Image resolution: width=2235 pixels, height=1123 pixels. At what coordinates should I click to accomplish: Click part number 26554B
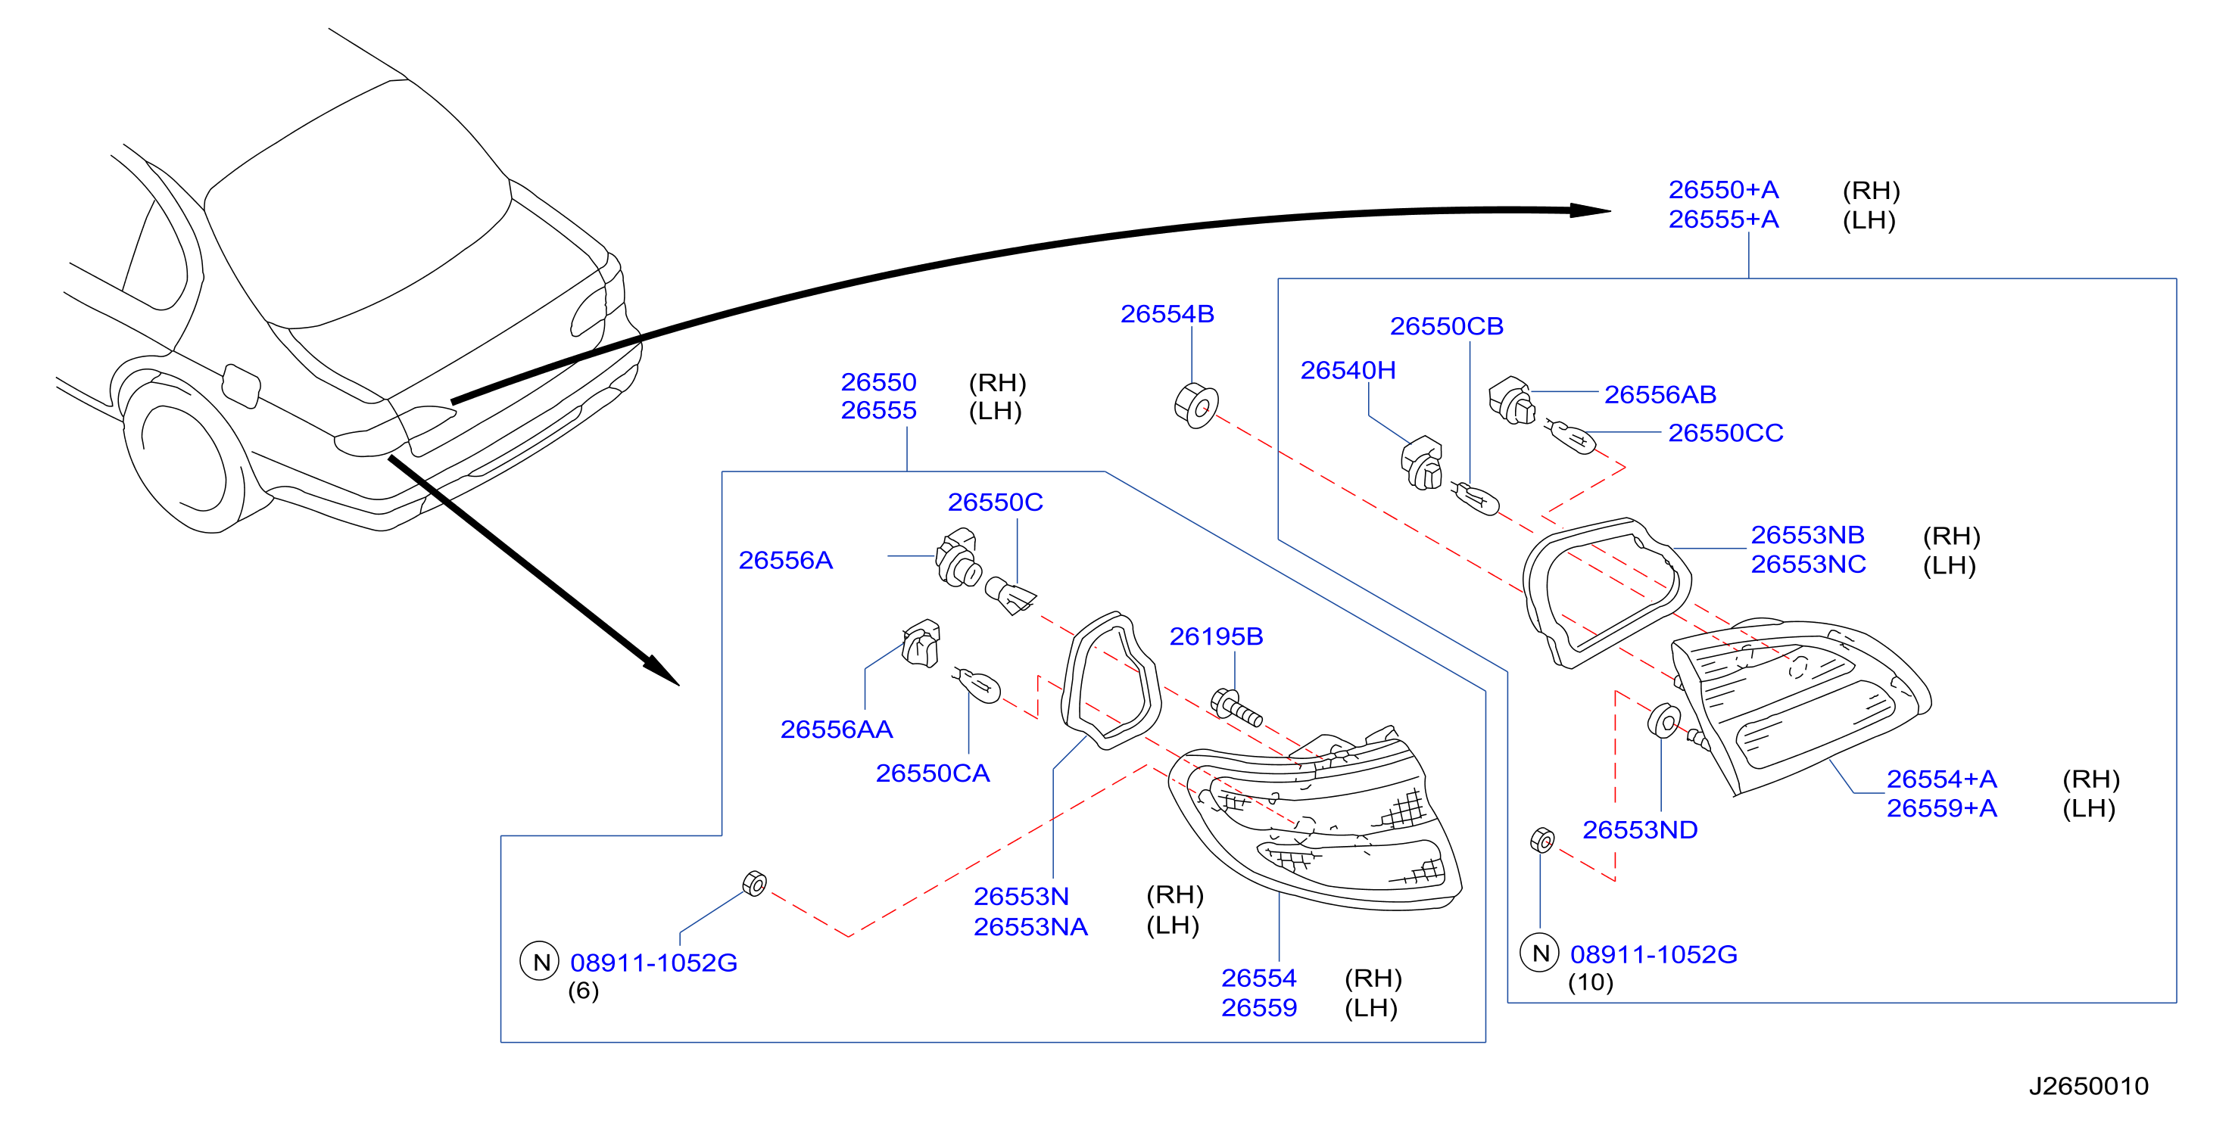1167,314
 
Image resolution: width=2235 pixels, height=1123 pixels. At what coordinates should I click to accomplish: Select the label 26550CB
1446,326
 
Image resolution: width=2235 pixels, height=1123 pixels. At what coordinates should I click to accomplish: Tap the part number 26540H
1348,370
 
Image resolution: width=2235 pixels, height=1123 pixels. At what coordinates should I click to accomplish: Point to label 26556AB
1660,394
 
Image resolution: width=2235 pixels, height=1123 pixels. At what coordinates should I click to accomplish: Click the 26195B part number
1215,636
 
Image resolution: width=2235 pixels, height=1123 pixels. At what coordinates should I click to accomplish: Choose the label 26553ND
1640,830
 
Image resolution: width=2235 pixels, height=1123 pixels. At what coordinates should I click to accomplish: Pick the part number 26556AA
837,729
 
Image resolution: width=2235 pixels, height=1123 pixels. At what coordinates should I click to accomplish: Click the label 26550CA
933,773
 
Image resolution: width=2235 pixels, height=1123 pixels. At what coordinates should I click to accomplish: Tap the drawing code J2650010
2088,1086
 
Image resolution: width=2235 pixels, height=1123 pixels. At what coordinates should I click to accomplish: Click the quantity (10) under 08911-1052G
1591,982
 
